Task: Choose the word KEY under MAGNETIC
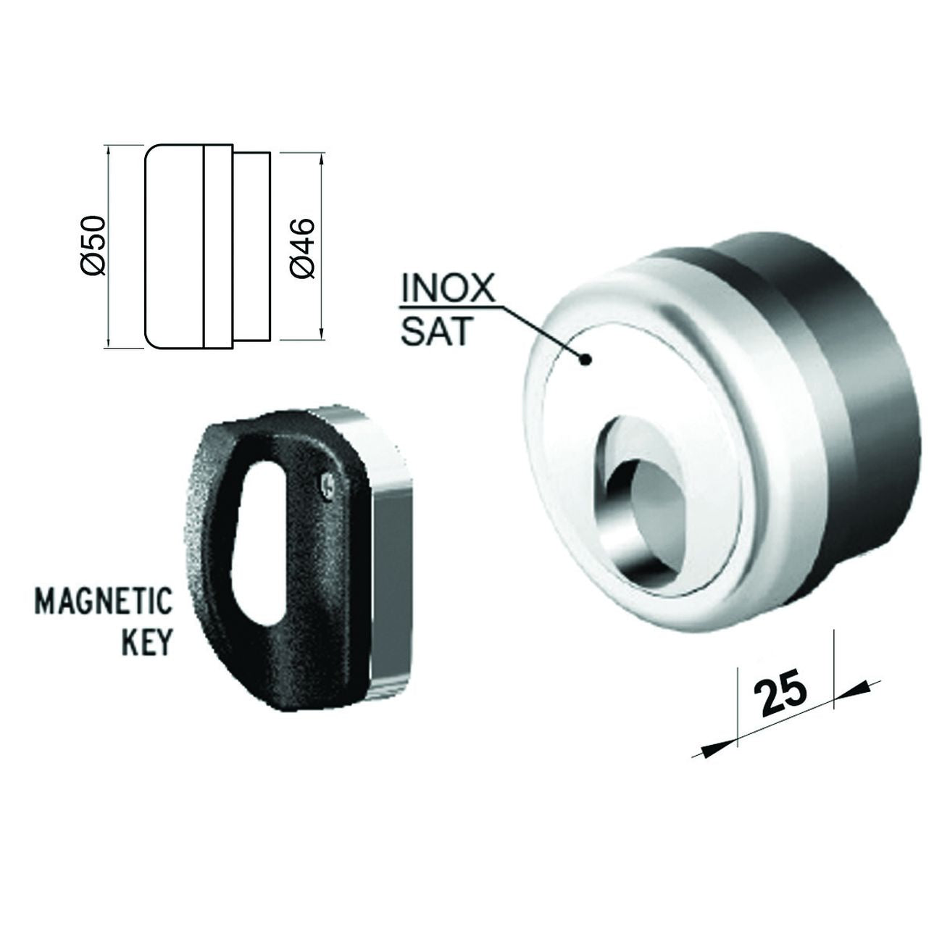coord(146,641)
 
